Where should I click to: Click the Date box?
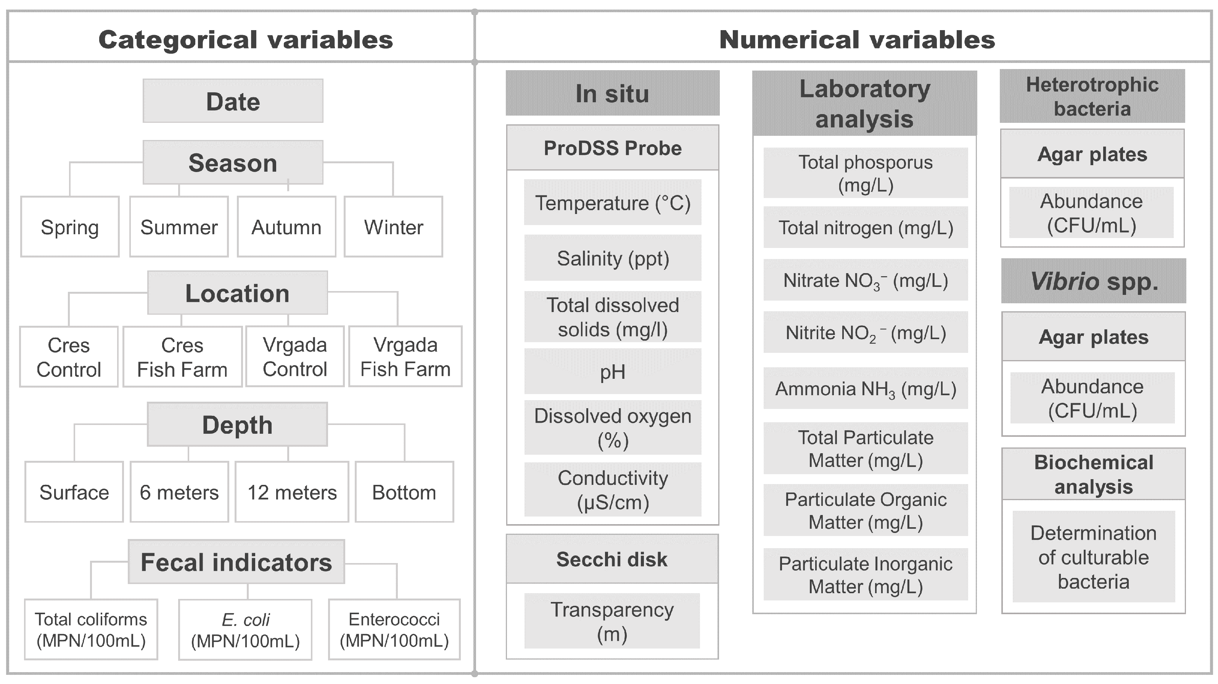233,101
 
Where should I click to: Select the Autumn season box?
286,227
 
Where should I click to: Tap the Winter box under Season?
393,227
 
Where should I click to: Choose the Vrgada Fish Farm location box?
405,357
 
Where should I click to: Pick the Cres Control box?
69,357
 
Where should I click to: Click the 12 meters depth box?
292,492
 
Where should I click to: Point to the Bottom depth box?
404,492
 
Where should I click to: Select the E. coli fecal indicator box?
245,630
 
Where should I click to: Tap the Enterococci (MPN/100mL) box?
394,630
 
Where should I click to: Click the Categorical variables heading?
245,39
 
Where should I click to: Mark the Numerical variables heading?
857,39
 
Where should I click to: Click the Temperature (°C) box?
612,203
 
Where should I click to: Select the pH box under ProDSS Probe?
612,372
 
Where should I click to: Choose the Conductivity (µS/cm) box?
612,490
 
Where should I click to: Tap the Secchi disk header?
612,559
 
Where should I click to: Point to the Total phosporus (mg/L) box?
865,173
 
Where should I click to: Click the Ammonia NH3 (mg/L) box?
865,389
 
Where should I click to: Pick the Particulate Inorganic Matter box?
865,575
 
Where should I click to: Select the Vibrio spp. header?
1093,281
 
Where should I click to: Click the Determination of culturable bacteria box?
1093,557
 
